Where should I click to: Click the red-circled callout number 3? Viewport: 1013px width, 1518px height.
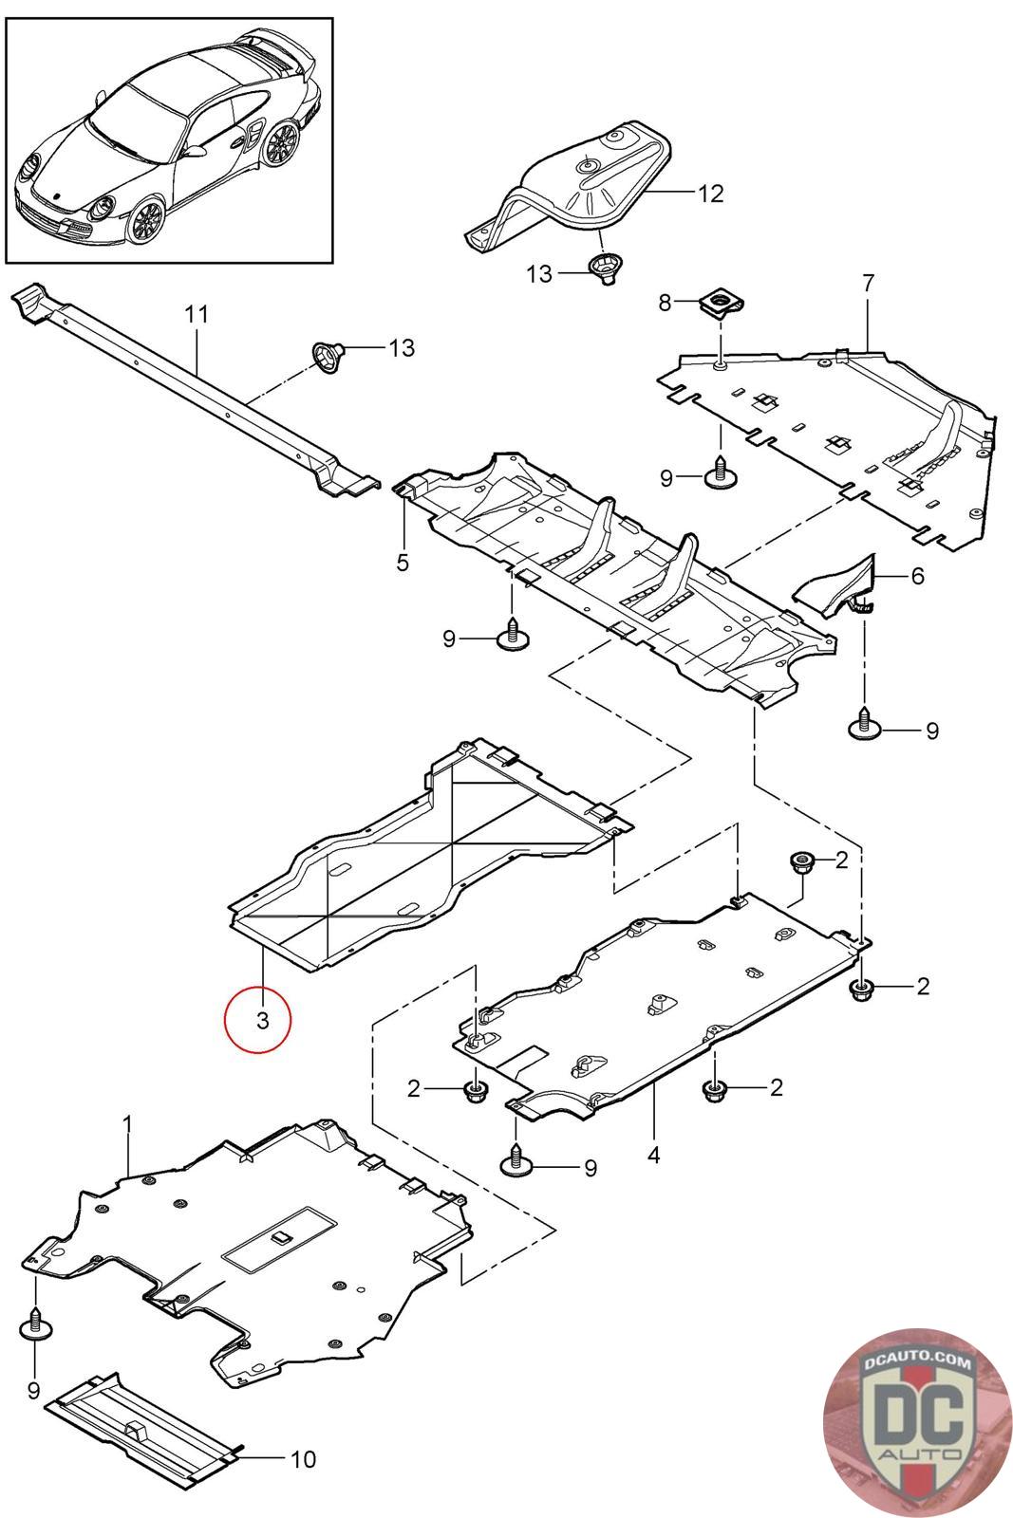262,1020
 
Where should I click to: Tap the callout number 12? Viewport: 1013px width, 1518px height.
710,194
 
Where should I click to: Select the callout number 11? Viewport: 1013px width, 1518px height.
197,314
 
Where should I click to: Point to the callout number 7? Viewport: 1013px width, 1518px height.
869,284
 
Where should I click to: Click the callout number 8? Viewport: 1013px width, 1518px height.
665,303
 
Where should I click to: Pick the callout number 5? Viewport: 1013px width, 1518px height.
403,562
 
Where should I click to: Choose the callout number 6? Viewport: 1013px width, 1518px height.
917,576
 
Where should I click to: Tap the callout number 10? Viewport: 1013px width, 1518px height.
303,1459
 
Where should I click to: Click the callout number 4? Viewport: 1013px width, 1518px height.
653,1155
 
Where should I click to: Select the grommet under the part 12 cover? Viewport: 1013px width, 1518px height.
606,268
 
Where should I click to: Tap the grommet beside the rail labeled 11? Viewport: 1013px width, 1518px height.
328,356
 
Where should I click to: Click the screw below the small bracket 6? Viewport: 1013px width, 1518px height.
865,723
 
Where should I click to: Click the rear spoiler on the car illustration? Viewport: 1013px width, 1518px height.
279,53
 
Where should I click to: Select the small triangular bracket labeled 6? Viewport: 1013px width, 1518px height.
836,587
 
